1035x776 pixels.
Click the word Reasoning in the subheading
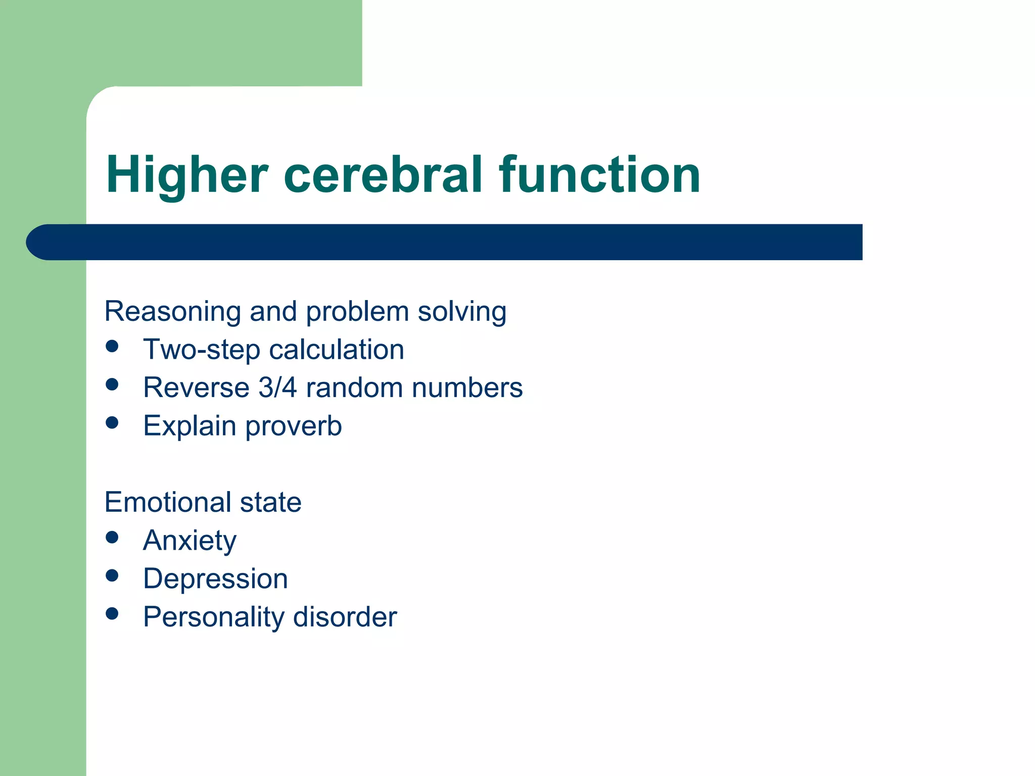172,312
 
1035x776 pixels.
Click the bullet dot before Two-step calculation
112,347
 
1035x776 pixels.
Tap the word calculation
337,350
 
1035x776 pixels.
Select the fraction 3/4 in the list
277,388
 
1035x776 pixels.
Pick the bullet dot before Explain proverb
112,423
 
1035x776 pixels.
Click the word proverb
294,426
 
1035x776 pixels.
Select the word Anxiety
190,541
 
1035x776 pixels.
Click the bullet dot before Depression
112,575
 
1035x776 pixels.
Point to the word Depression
215,579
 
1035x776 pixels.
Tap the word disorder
345,617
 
